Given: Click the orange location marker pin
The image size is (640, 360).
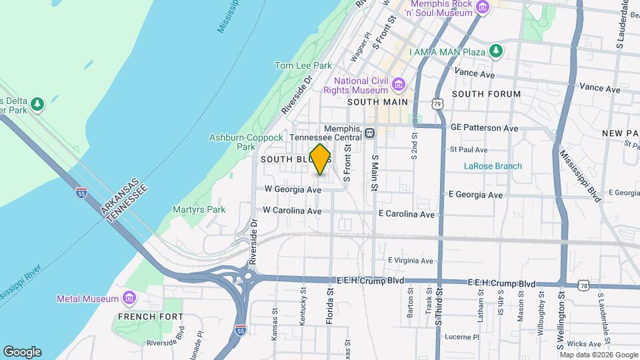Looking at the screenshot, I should [x=321, y=159].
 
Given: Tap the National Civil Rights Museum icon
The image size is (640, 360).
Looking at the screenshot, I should [x=399, y=84].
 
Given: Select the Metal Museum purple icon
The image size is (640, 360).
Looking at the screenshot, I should [x=129, y=298].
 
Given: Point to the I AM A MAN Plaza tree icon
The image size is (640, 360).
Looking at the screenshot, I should [x=495, y=51].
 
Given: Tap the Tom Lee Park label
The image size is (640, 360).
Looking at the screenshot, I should [x=303, y=65].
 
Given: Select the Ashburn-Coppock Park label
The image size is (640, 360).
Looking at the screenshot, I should [x=232, y=141].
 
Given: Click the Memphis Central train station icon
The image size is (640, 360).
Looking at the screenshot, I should [x=369, y=133].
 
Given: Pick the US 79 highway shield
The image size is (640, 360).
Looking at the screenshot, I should [x=437, y=104].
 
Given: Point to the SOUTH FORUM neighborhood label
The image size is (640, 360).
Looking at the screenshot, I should [x=486, y=94].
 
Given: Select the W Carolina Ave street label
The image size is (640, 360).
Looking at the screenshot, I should [x=292, y=211].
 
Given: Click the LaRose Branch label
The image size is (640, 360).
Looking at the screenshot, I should [x=493, y=166].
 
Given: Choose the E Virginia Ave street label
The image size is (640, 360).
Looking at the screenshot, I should [x=411, y=261].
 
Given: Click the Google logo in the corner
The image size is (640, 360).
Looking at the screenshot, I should [x=23, y=351].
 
